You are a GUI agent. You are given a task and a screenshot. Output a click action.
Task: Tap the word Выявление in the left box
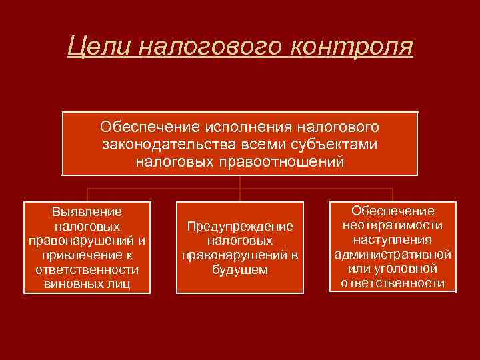[87, 211]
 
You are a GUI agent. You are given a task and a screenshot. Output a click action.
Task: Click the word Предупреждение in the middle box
[240, 227]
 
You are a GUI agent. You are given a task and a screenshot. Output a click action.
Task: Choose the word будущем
[240, 269]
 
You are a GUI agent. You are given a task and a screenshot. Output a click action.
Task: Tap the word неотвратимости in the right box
[393, 225]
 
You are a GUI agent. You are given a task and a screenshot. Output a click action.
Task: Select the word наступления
[393, 240]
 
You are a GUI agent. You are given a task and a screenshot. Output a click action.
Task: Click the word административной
[393, 254]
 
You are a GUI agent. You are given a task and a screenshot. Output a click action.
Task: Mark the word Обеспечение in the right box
[393, 211]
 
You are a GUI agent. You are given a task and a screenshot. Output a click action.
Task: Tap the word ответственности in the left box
[87, 269]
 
